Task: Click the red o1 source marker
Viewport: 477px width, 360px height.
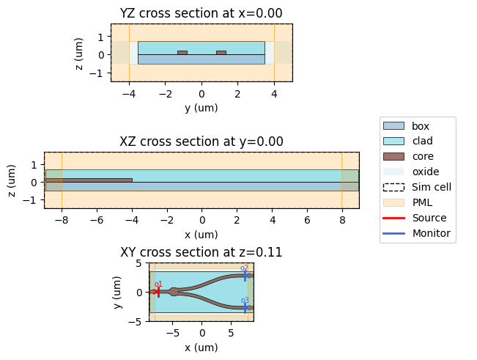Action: [x=158, y=292]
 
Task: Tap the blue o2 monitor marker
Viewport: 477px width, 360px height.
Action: [x=245, y=276]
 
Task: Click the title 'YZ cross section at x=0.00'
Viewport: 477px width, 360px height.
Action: [x=201, y=12]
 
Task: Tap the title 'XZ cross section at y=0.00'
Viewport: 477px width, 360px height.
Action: [x=201, y=142]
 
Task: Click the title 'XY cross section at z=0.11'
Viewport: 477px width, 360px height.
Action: [x=201, y=252]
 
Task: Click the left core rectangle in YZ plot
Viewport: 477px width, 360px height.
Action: [x=182, y=53]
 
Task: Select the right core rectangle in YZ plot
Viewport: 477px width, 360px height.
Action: [x=221, y=53]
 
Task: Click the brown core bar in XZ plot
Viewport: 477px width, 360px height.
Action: [x=89, y=180]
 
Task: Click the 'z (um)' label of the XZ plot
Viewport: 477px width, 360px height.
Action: [x=15, y=180]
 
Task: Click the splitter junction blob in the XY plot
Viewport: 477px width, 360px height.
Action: [x=174, y=292]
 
